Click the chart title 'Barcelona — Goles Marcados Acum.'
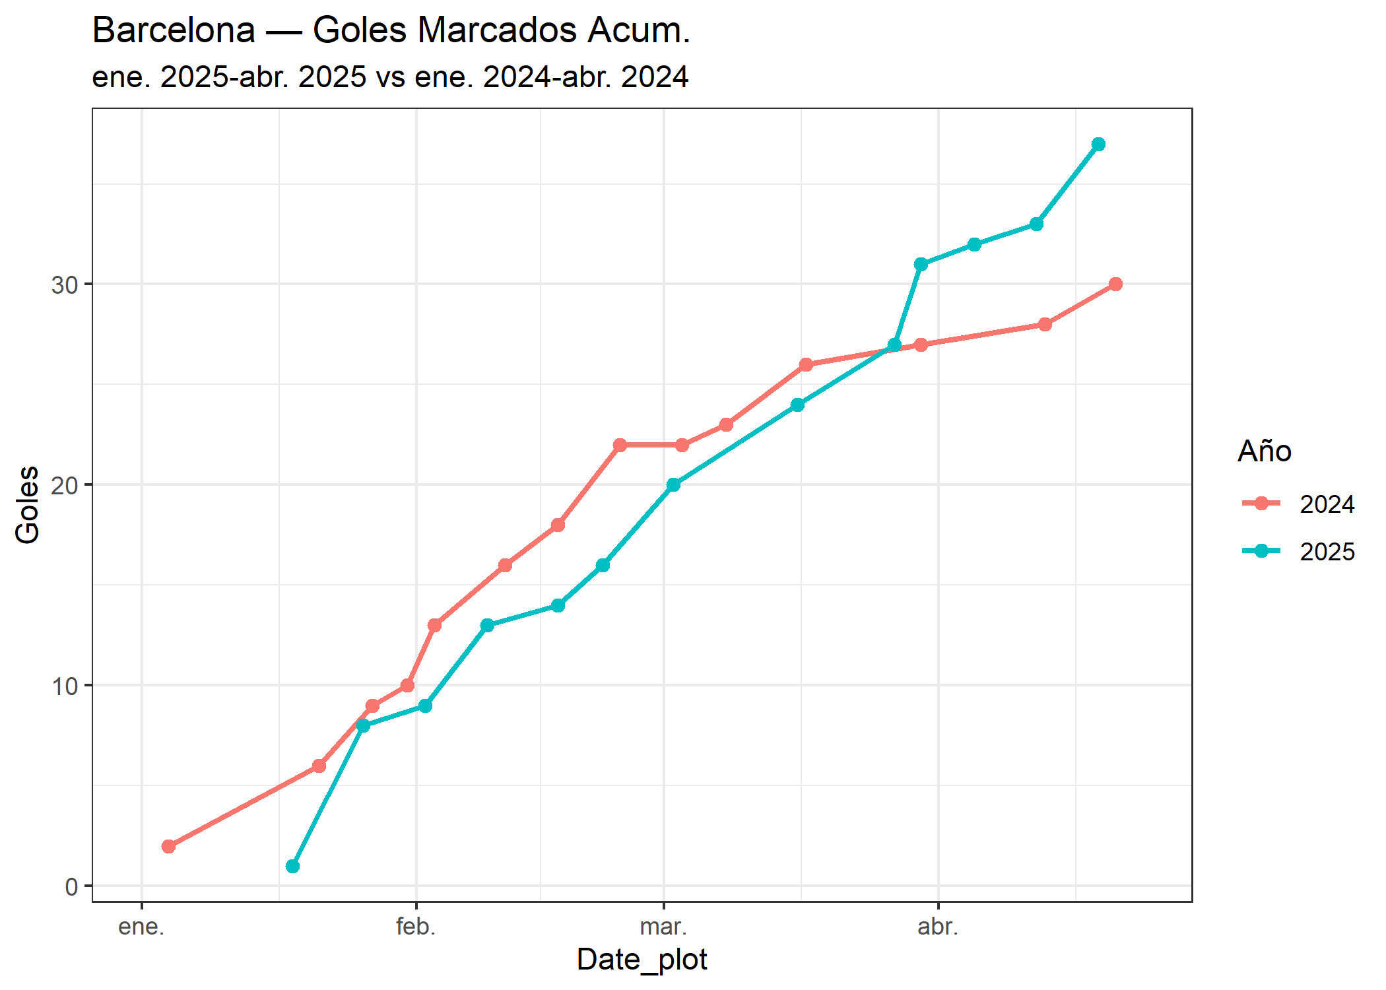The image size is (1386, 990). (391, 30)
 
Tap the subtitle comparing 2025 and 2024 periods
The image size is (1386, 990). (390, 77)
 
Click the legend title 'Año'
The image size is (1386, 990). (1264, 451)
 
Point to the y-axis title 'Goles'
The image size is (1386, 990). (28, 505)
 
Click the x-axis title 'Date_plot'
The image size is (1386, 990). (642, 960)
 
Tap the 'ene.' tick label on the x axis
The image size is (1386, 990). (141, 927)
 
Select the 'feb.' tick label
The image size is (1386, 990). (416, 927)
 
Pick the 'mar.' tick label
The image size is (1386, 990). (663, 927)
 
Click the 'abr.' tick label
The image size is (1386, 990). (938, 927)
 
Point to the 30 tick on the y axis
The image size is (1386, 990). (65, 285)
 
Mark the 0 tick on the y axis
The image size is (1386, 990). (71, 886)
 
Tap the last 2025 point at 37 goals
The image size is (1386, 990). (1098, 145)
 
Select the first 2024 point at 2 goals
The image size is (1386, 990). (168, 846)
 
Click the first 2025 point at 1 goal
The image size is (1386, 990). (292, 866)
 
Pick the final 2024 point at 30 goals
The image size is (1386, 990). (1115, 284)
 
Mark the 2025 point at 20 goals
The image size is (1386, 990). (673, 485)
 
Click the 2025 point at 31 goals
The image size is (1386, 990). (921, 265)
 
